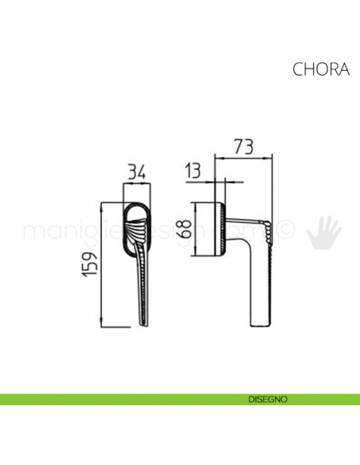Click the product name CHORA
tap(321, 68)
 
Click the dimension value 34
tap(136, 170)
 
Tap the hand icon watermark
tap(324, 230)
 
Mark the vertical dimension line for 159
tap(102, 264)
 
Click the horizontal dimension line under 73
tap(245, 158)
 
